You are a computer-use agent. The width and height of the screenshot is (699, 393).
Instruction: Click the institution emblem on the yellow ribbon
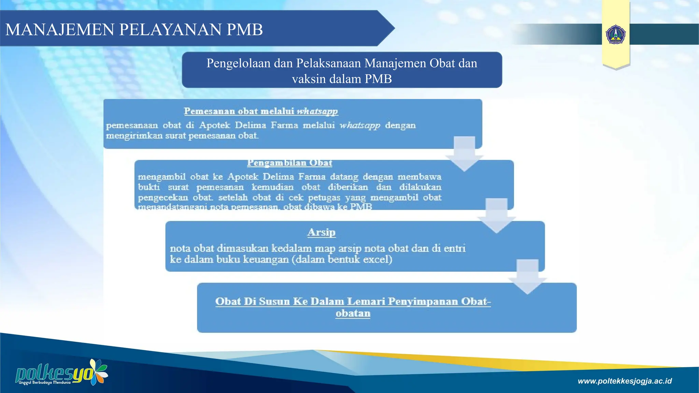616,34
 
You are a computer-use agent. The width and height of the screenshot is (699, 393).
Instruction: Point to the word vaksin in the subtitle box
309,79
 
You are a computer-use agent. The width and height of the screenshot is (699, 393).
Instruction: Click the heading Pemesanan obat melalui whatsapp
261,111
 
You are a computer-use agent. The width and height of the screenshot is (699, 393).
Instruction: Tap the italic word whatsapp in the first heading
317,111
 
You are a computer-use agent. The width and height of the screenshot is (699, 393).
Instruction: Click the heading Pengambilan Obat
289,163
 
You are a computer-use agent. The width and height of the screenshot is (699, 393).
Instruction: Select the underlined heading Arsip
321,232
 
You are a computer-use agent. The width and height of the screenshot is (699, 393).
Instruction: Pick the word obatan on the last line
353,314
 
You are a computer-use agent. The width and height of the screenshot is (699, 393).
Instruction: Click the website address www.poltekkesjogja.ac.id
625,381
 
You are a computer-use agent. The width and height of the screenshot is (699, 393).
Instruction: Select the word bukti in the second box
149,187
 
